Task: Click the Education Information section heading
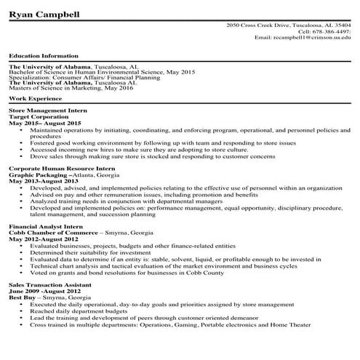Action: tap(43, 55)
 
